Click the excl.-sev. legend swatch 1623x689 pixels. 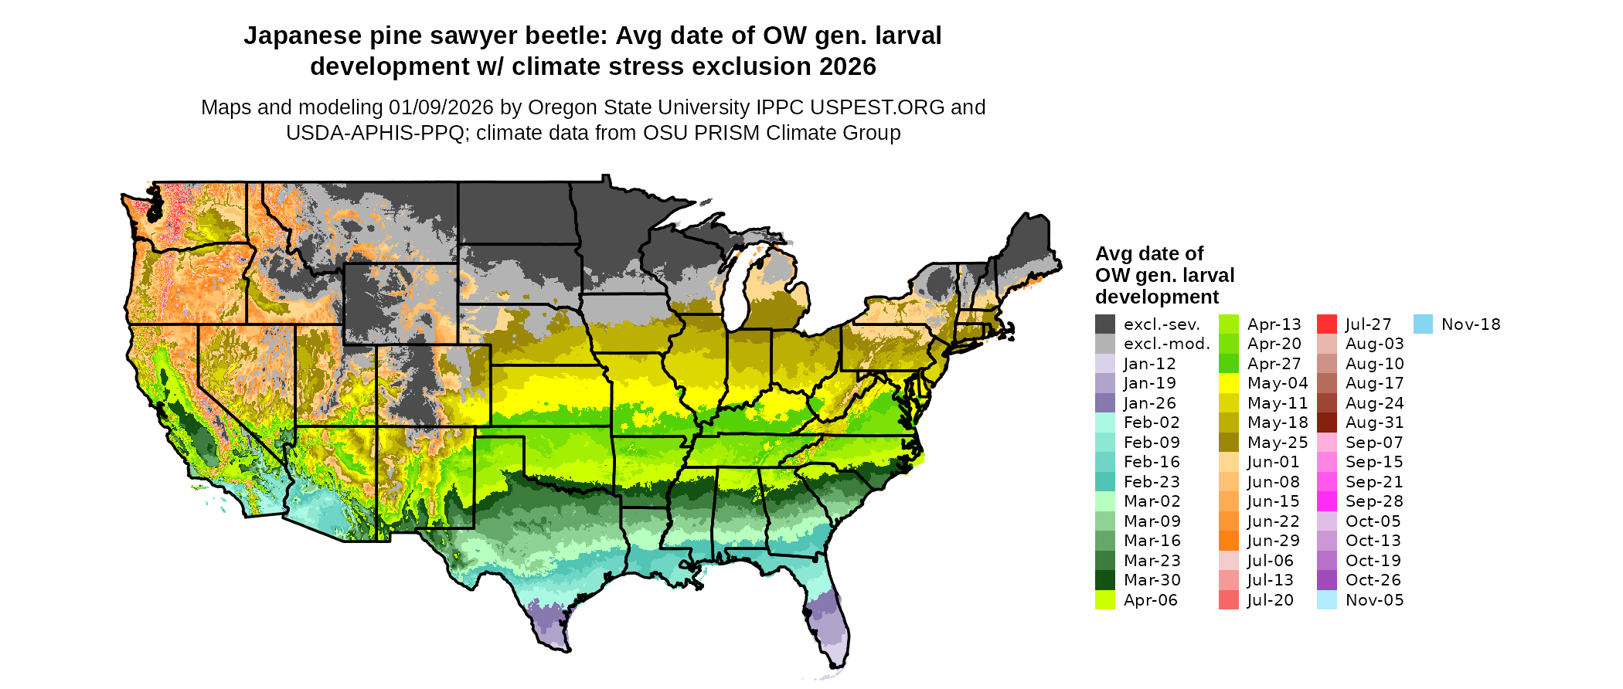pyautogui.click(x=1105, y=324)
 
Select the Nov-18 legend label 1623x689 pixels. pyautogui.click(x=1471, y=324)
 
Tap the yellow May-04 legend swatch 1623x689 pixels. pyautogui.click(x=1229, y=383)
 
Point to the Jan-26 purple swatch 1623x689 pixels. pyautogui.click(x=1105, y=403)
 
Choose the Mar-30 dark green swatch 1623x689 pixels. pyautogui.click(x=1105, y=580)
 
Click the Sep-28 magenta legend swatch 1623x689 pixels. pyautogui.click(x=1327, y=501)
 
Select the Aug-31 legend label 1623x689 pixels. pyautogui.click(x=1374, y=423)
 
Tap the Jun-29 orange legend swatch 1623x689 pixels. pyautogui.click(x=1229, y=541)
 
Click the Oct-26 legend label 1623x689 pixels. pyautogui.click(x=1373, y=580)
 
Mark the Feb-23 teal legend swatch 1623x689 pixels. pyautogui.click(x=1105, y=482)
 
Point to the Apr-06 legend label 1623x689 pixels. pyautogui.click(x=1150, y=600)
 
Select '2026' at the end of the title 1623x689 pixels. pyautogui.click(x=848, y=67)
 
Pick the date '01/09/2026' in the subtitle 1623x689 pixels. pyautogui.click(x=442, y=107)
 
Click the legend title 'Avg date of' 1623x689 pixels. pyautogui.click(x=1149, y=254)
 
